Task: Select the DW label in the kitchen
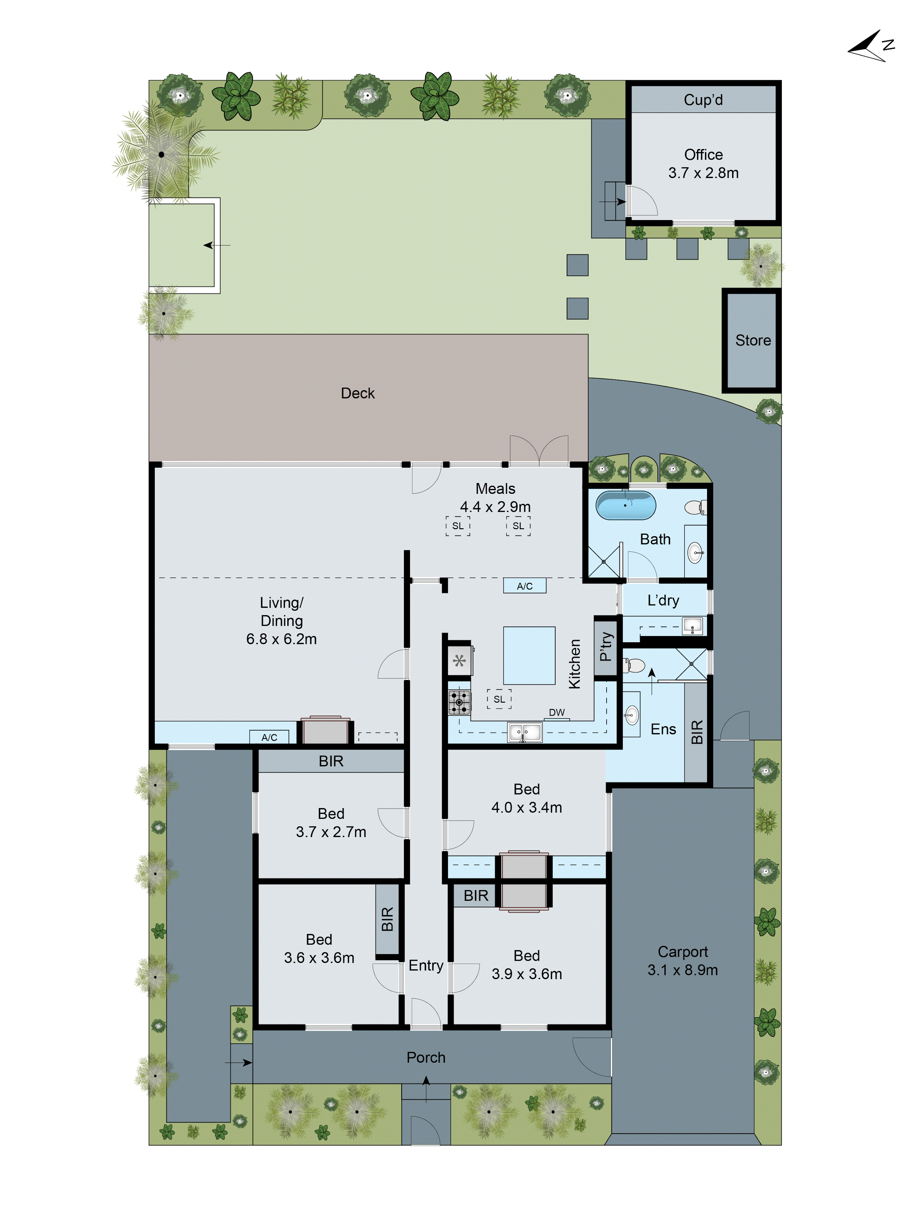pyautogui.click(x=556, y=712)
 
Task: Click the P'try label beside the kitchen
pyautogui.click(x=605, y=647)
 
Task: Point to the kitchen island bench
pyautogui.click(x=528, y=655)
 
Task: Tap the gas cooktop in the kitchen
pyautogui.click(x=459, y=703)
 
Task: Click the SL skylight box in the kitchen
pyautogui.click(x=499, y=699)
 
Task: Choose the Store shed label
pyautogui.click(x=753, y=340)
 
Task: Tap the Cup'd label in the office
pyautogui.click(x=703, y=100)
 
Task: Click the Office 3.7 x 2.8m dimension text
pyautogui.click(x=703, y=173)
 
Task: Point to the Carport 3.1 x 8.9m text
pyautogui.click(x=683, y=970)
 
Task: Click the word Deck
pyautogui.click(x=358, y=393)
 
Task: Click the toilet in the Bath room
pyautogui.click(x=695, y=506)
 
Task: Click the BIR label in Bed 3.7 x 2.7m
pyautogui.click(x=331, y=761)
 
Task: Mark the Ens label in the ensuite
pyautogui.click(x=663, y=729)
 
